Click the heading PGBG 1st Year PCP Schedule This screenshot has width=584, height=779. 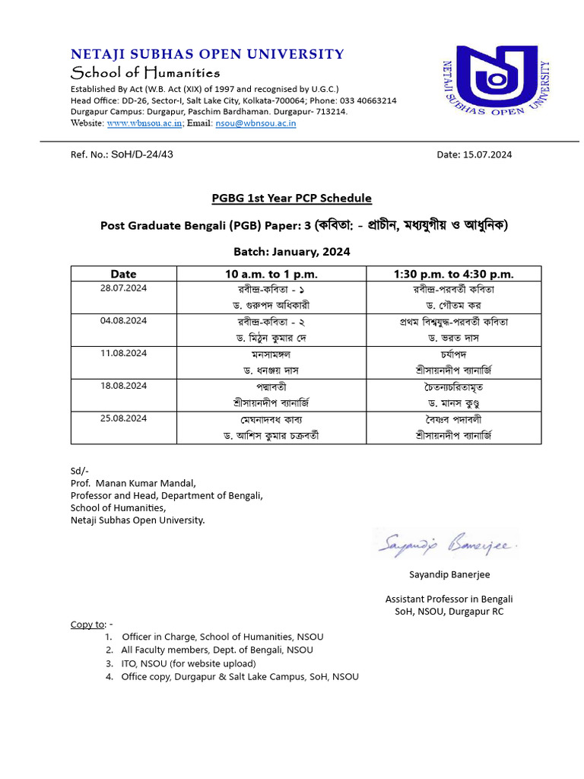coord(291,199)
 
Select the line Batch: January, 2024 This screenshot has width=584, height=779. coord(291,252)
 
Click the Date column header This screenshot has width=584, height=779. coord(123,274)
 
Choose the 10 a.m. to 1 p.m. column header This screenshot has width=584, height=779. coord(271,274)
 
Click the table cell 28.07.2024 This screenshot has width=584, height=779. coord(123,289)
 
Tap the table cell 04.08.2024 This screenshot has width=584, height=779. coord(123,321)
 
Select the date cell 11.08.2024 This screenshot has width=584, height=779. coord(123,354)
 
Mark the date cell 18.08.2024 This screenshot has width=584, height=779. coord(123,386)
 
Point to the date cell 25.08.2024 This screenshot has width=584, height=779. coord(123,418)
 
